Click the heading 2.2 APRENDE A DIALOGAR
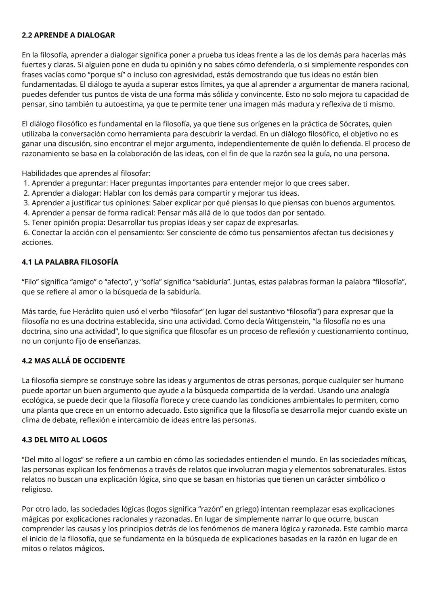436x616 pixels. pos(68,35)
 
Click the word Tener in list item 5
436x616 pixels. pos(40,223)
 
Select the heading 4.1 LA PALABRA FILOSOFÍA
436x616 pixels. pos(70,262)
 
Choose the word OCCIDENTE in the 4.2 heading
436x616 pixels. pos(104,361)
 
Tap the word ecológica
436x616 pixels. pos(39,401)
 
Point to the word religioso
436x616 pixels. pos(36,489)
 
